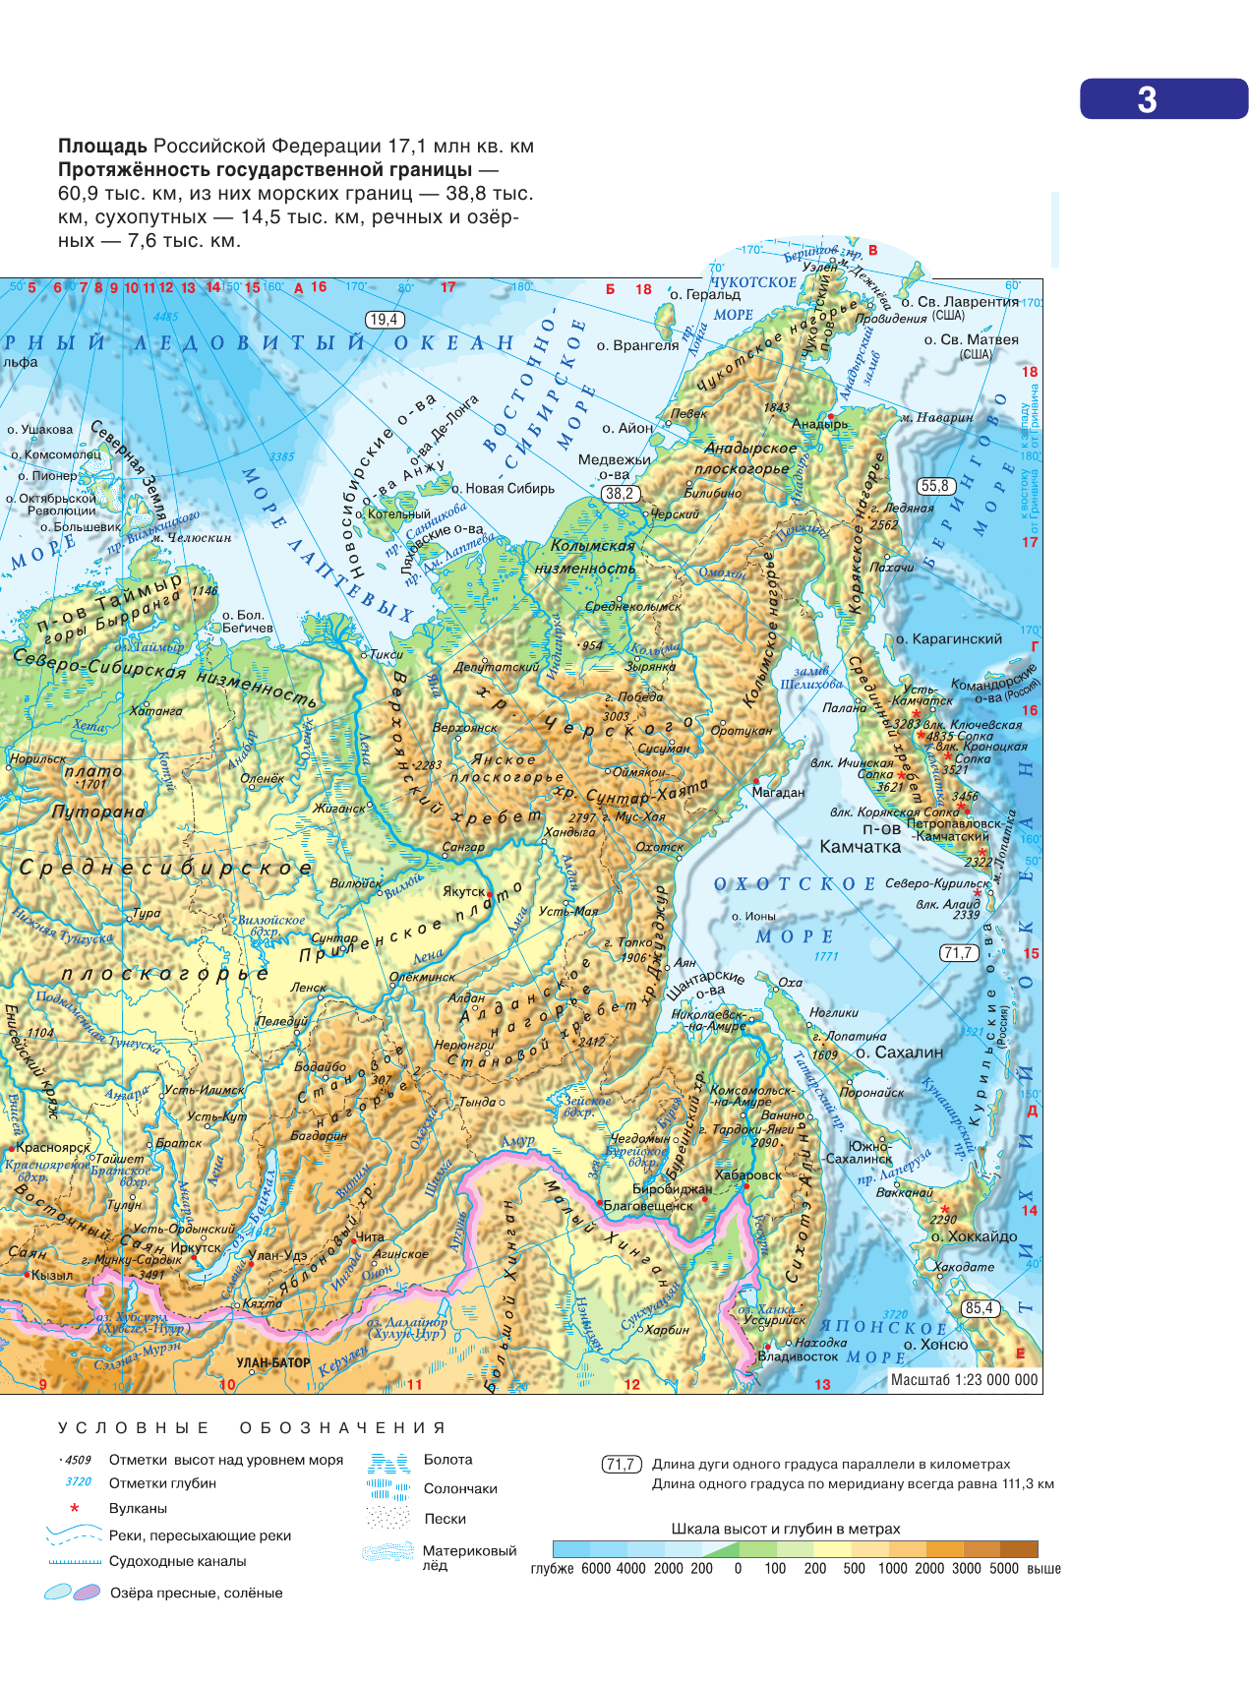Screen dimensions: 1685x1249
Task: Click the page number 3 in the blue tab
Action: [1147, 99]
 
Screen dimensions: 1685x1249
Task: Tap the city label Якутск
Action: [463, 891]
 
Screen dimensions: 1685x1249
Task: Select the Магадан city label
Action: [778, 792]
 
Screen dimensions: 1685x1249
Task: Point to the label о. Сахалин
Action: [899, 1052]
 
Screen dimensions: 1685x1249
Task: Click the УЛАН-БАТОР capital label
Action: [272, 1362]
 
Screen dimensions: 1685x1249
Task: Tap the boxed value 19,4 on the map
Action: [384, 320]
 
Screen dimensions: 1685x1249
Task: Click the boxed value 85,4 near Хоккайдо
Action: [980, 1308]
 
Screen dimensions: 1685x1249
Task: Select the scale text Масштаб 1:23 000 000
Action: [964, 1380]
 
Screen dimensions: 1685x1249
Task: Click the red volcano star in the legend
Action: [74, 1508]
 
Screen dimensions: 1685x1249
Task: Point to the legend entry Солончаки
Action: [460, 1488]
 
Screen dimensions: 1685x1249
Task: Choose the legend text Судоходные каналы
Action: [177, 1561]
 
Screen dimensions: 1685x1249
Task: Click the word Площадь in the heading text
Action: [102, 147]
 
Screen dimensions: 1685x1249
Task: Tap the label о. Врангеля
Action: [637, 345]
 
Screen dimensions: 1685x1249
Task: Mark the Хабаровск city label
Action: [748, 1174]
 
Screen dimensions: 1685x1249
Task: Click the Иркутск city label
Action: [196, 1247]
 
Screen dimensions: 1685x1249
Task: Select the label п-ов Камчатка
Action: [861, 838]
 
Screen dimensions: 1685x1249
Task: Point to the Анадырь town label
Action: [819, 424]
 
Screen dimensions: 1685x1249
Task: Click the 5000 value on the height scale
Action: [1003, 1568]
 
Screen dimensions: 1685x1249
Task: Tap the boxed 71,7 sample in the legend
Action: [621, 1465]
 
